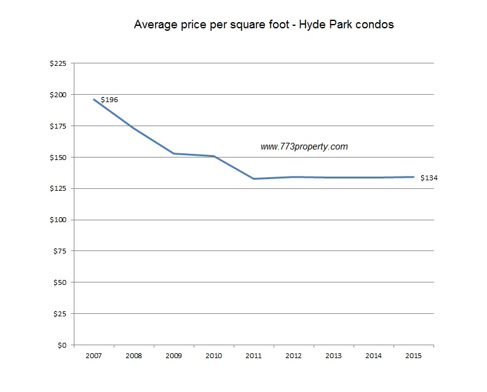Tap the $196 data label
(x=109, y=99)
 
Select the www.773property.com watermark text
(x=304, y=146)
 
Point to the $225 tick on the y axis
(x=60, y=63)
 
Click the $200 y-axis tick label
(x=60, y=95)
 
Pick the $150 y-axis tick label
(x=60, y=158)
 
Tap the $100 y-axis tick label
(x=60, y=220)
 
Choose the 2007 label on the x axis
(x=93, y=356)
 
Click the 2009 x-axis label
(x=173, y=356)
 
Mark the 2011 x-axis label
(x=253, y=356)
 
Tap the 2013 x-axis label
(x=333, y=356)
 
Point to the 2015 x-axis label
(x=413, y=356)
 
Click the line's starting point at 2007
(x=93, y=99)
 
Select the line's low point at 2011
(x=253, y=178)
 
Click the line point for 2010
(x=213, y=156)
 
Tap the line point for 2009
(x=173, y=153)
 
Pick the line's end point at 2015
(x=413, y=177)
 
